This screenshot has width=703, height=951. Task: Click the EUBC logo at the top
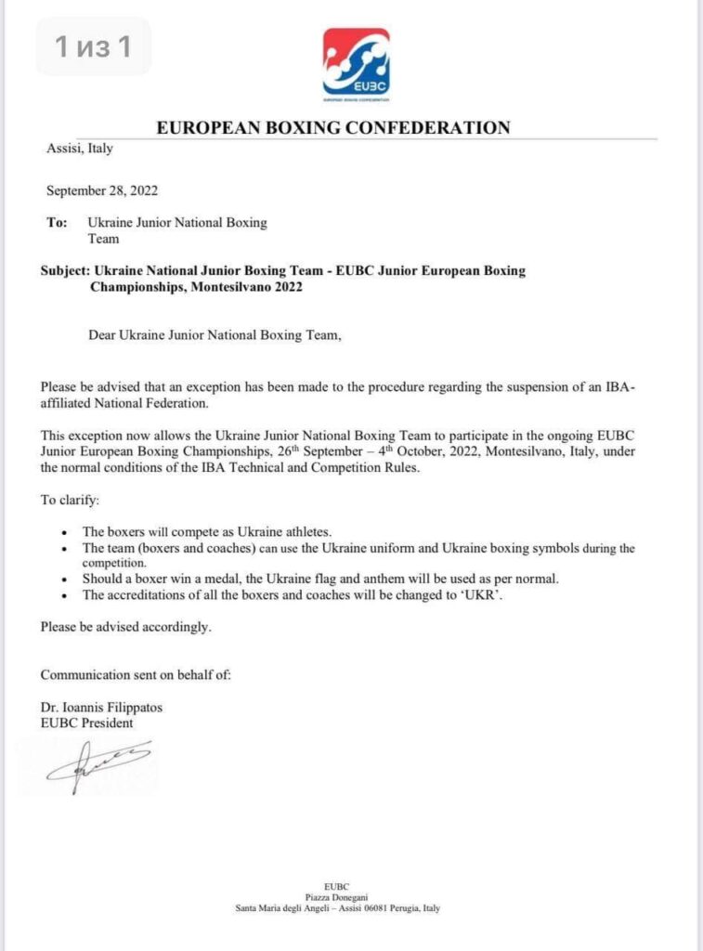click(x=356, y=62)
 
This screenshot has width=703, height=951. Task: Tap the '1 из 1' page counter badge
click(x=93, y=46)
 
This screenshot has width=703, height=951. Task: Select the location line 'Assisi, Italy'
click(x=79, y=149)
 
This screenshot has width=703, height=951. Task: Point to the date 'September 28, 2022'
click(x=102, y=191)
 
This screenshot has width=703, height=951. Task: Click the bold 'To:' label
click(x=57, y=223)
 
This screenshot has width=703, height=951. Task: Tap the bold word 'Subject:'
click(x=64, y=271)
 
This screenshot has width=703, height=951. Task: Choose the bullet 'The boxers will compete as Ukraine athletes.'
click(x=208, y=531)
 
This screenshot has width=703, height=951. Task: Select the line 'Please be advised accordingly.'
click(x=126, y=627)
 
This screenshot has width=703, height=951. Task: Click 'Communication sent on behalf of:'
click(x=136, y=675)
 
